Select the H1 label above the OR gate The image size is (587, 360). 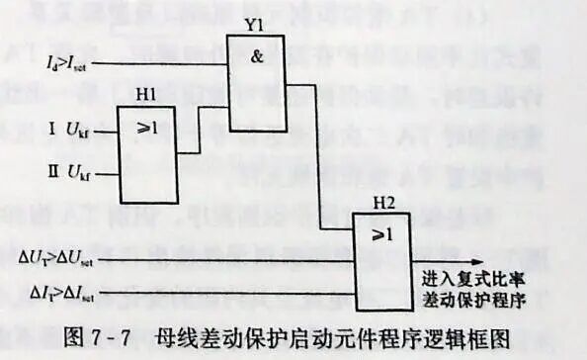coord(145,94)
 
